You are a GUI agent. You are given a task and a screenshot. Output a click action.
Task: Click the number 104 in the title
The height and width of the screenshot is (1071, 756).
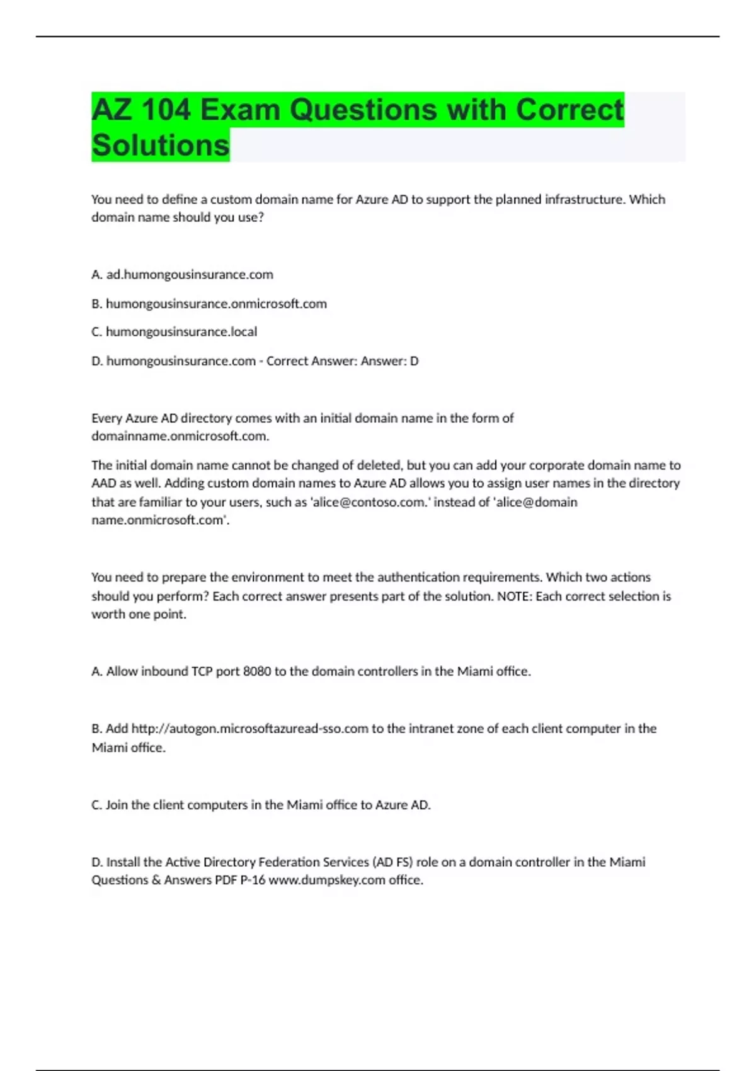point(165,110)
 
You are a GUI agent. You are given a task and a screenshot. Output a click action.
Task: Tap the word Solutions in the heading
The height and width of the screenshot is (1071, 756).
point(161,146)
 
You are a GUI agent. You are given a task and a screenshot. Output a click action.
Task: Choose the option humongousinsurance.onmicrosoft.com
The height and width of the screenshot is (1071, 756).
point(216,304)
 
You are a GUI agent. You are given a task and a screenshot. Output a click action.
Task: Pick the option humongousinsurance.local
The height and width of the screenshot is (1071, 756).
point(181,332)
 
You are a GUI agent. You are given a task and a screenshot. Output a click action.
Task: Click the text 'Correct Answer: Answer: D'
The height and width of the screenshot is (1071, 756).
point(342,361)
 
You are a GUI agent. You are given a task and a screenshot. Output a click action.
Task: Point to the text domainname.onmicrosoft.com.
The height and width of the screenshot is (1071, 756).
point(180,436)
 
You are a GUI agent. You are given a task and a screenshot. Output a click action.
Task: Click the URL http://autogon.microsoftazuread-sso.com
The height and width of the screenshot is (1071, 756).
point(249,729)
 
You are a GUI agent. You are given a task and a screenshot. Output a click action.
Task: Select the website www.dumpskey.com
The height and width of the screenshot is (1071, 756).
point(326,880)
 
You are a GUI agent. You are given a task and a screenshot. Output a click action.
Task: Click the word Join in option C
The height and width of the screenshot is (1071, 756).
point(117,805)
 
